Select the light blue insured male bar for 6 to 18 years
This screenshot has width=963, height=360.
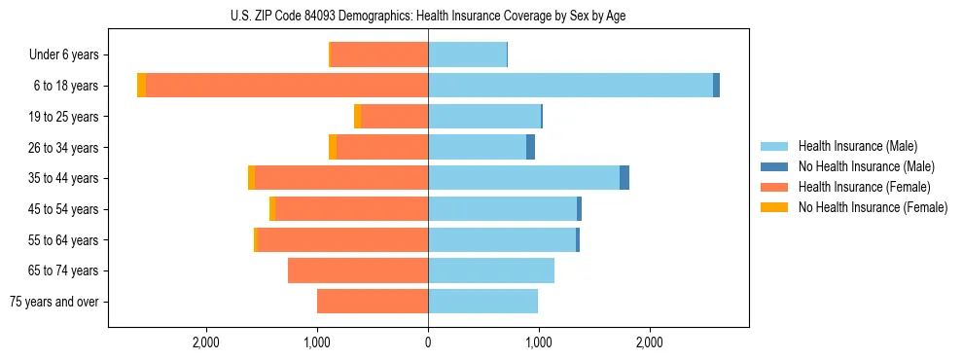coord(570,86)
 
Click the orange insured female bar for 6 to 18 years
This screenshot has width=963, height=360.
coord(287,86)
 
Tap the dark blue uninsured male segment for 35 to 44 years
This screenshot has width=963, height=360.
coord(624,178)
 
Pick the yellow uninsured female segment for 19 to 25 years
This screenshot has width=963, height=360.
coord(357,117)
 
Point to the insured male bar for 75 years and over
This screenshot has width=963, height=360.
coord(482,302)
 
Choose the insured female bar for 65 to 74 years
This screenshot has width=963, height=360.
coord(358,270)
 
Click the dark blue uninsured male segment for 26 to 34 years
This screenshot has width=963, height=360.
coord(530,147)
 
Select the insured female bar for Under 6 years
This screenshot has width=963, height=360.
coord(379,54)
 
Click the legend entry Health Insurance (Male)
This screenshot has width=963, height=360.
coord(856,146)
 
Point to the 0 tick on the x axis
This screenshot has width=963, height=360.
coord(428,342)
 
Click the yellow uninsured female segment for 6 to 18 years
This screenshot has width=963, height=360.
coord(141,86)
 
